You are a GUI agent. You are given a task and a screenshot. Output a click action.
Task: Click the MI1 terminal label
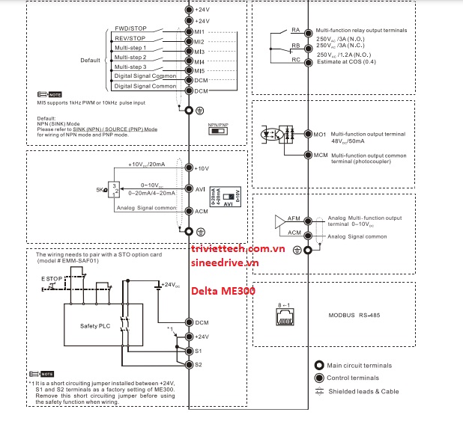pos(200,32)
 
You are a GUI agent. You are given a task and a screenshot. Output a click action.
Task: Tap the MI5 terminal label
pos(200,70)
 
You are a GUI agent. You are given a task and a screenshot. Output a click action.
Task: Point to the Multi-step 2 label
pos(130,57)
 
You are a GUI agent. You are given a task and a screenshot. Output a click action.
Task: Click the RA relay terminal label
pos(295,30)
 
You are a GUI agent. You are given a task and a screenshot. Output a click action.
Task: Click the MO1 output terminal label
pos(320,134)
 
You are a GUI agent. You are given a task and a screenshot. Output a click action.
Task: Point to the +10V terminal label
pos(203,168)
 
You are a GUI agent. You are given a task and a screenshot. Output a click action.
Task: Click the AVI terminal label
pos(200,189)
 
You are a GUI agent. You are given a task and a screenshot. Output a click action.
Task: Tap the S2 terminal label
pos(199,364)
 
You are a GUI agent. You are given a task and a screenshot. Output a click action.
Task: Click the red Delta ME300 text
pos(223,291)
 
